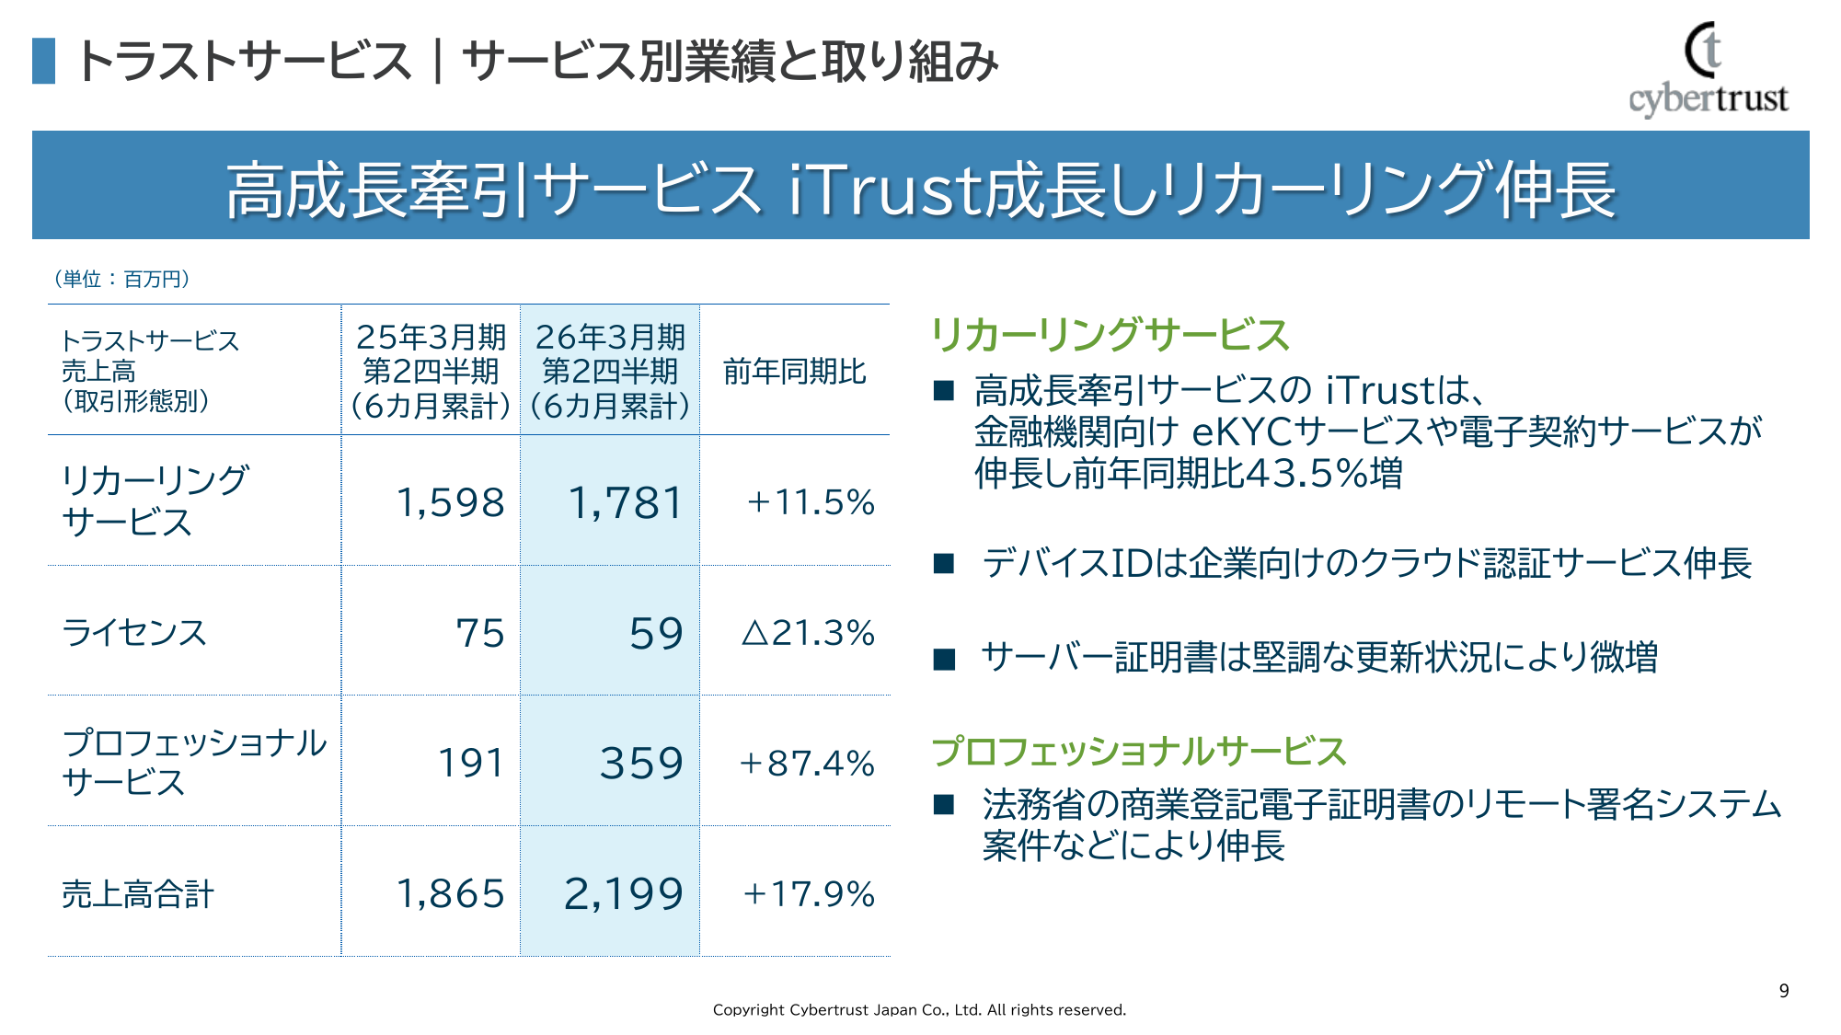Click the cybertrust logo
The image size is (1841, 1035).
pyautogui.click(x=1708, y=70)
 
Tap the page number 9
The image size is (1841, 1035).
pyautogui.click(x=1784, y=991)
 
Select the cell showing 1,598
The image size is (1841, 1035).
pyautogui.click(x=450, y=502)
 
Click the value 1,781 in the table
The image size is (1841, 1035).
pyautogui.click(x=626, y=502)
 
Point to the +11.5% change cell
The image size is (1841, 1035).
pyautogui.click(x=810, y=502)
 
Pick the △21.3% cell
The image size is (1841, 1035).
pyautogui.click(x=808, y=633)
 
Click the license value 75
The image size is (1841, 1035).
pyautogui.click(x=480, y=633)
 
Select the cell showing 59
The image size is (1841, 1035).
pyautogui.click(x=656, y=633)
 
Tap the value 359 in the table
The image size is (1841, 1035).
pyautogui.click(x=641, y=764)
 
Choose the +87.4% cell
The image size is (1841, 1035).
pyautogui.click(x=807, y=764)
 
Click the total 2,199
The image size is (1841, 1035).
pyautogui.click(x=623, y=894)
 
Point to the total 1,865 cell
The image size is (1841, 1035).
pyautogui.click(x=450, y=894)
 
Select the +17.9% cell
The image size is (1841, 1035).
pyautogui.click(x=809, y=894)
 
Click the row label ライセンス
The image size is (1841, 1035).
pyautogui.click(x=134, y=633)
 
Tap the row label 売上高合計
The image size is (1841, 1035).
pyautogui.click(x=138, y=894)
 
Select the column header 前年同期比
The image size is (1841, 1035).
pyautogui.click(x=795, y=372)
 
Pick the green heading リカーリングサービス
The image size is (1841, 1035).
pyautogui.click(x=1110, y=335)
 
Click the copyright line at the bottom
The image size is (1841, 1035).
pyautogui.click(x=919, y=1009)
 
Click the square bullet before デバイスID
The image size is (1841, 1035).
pyautogui.click(x=944, y=564)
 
